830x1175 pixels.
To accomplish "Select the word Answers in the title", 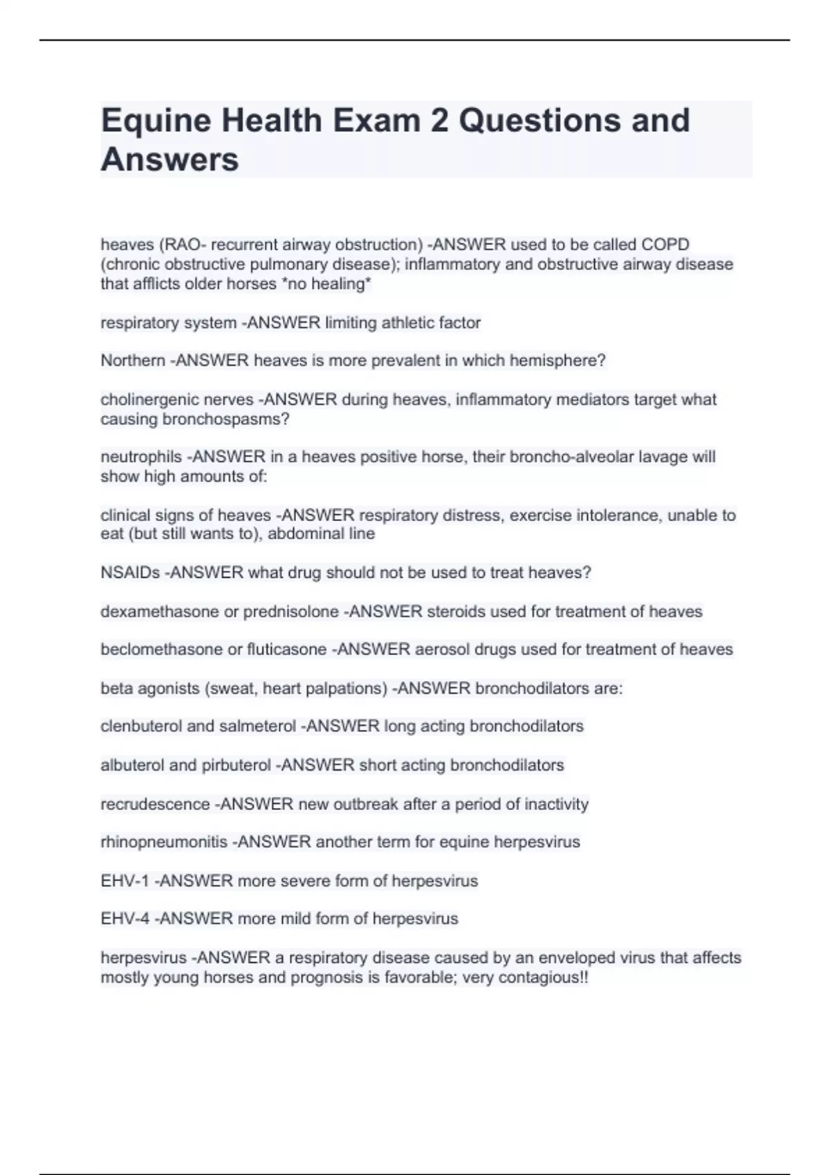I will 170,160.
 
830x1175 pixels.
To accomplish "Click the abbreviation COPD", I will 665,245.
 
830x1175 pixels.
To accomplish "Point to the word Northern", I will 133,361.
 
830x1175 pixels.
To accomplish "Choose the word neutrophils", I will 141,457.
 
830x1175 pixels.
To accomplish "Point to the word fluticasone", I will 286,650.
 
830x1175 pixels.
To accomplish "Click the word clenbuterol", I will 141,726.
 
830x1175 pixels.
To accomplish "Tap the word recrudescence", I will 155,805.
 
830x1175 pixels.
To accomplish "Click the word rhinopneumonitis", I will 164,843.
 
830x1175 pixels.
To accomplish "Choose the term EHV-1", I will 124,881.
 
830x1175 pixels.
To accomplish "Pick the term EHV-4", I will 124,919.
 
